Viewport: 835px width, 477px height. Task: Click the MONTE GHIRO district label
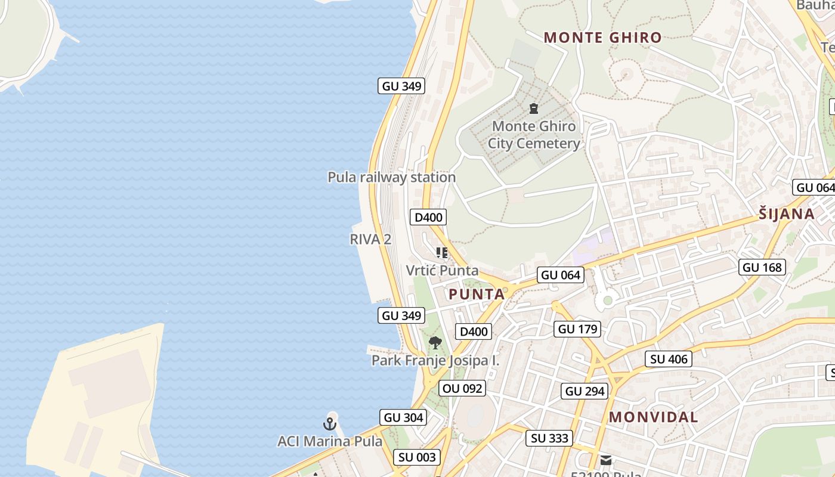pyautogui.click(x=602, y=38)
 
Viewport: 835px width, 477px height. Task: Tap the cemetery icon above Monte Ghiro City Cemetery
pyautogui.click(x=534, y=109)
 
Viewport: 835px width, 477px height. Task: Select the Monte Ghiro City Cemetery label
pyautogui.click(x=534, y=135)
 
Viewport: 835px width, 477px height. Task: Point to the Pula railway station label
pyautogui.click(x=391, y=177)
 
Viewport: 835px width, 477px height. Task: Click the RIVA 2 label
pyautogui.click(x=370, y=239)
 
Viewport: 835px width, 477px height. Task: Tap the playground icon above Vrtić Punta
pyautogui.click(x=441, y=253)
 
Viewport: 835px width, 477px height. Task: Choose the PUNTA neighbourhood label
pyautogui.click(x=477, y=294)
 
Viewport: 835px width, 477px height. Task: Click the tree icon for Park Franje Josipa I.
pyautogui.click(x=435, y=343)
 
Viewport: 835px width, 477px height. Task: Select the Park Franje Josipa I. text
pyautogui.click(x=435, y=361)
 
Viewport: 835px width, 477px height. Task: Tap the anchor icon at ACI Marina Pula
pyautogui.click(x=330, y=424)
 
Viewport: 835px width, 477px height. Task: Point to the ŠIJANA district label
pyautogui.click(x=787, y=214)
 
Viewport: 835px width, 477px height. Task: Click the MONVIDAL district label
pyautogui.click(x=653, y=417)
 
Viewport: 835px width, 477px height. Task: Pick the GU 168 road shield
pyautogui.click(x=762, y=267)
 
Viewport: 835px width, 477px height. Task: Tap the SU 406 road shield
pyautogui.click(x=669, y=359)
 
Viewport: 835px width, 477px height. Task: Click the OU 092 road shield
pyautogui.click(x=463, y=389)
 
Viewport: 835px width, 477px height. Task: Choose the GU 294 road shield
pyautogui.click(x=584, y=391)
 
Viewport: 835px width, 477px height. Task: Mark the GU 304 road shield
pyautogui.click(x=404, y=417)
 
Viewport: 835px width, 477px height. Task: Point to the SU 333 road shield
pyautogui.click(x=549, y=438)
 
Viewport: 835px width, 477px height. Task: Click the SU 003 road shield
pyautogui.click(x=417, y=457)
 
